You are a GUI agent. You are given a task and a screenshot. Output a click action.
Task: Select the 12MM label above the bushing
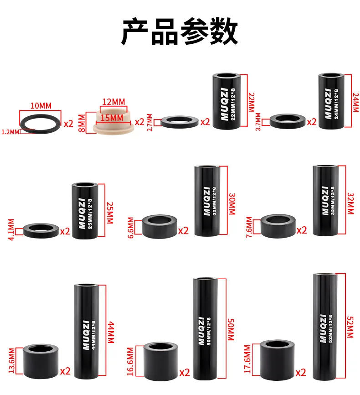click(x=113, y=101)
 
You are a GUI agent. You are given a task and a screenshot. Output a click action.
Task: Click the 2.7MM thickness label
click(x=151, y=122)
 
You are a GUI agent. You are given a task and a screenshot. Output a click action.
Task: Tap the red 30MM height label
click(x=232, y=201)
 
